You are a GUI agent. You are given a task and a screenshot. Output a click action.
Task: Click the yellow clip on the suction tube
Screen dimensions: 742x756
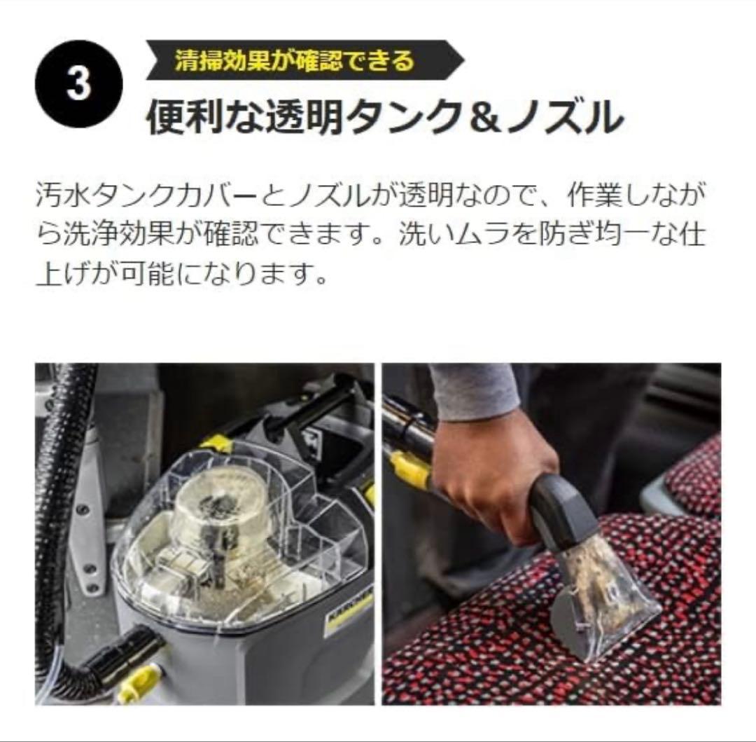[x=409, y=469]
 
